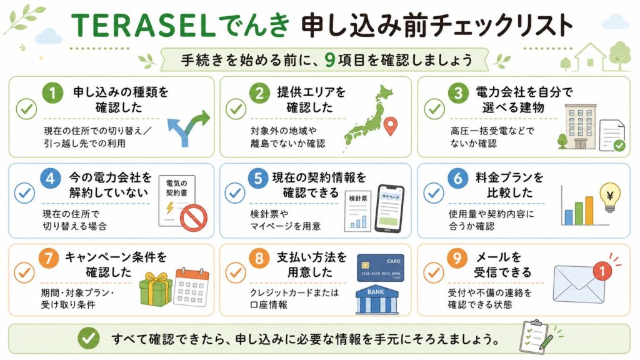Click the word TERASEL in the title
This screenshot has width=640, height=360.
pyautogui.click(x=143, y=26)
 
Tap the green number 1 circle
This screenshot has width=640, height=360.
pyautogui.click(x=52, y=93)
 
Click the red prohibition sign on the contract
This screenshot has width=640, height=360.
pyautogui.click(x=194, y=218)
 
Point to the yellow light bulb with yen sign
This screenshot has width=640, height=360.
pyautogui.click(x=610, y=197)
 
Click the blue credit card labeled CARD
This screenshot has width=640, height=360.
pyautogui.click(x=380, y=267)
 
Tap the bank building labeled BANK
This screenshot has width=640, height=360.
pyautogui.click(x=377, y=300)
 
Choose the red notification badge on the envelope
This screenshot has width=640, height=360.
pyautogui.click(x=602, y=271)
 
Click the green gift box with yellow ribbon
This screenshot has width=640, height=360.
pyautogui.click(x=156, y=290)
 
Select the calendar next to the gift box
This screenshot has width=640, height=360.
pyautogui.click(x=191, y=287)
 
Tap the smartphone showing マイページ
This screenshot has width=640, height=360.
pyautogui.click(x=389, y=209)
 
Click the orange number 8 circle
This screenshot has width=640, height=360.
pyautogui.click(x=259, y=258)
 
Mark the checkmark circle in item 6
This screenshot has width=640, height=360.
pyautogui.click(x=434, y=193)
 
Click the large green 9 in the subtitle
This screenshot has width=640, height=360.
pyautogui.click(x=330, y=60)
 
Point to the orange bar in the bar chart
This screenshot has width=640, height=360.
pyautogui.click(x=589, y=211)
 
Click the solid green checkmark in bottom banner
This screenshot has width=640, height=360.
pyautogui.click(x=89, y=338)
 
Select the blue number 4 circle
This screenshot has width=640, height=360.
pyautogui.click(x=51, y=179)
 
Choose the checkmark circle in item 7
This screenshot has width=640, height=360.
pyautogui.click(x=24, y=272)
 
